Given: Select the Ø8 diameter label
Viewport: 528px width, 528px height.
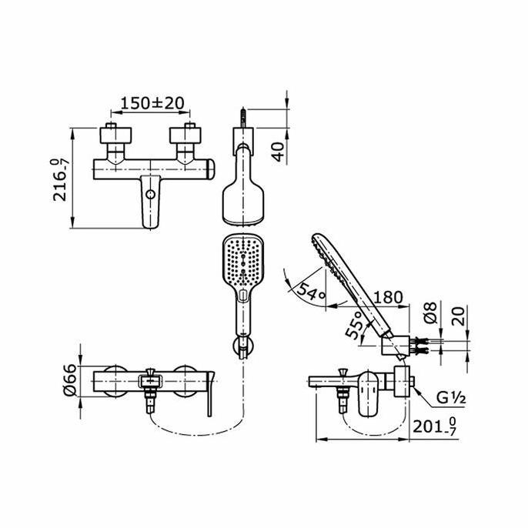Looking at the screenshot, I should tap(431, 312).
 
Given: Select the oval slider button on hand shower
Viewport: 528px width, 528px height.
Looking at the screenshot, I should tap(243, 295).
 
